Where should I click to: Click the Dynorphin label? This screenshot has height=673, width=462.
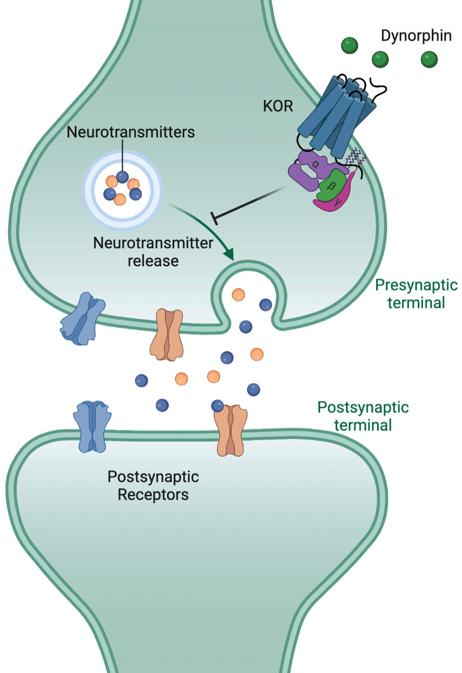[x=416, y=36]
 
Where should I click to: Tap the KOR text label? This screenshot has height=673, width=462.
[x=278, y=107]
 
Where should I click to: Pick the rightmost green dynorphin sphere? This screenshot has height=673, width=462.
[x=429, y=59]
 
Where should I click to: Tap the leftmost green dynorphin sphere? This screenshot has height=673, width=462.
[x=350, y=45]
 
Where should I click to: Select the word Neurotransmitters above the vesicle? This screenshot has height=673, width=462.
[x=131, y=132]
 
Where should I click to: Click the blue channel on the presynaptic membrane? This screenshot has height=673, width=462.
[x=82, y=319]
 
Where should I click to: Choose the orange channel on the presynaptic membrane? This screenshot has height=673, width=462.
[x=167, y=334]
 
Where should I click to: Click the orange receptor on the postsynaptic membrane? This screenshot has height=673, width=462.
[x=230, y=431]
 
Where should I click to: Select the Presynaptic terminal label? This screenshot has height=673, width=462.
[x=416, y=294]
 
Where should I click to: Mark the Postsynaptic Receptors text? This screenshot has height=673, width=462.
[x=153, y=485]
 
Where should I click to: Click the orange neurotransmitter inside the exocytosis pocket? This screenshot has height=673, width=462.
[x=238, y=295]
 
